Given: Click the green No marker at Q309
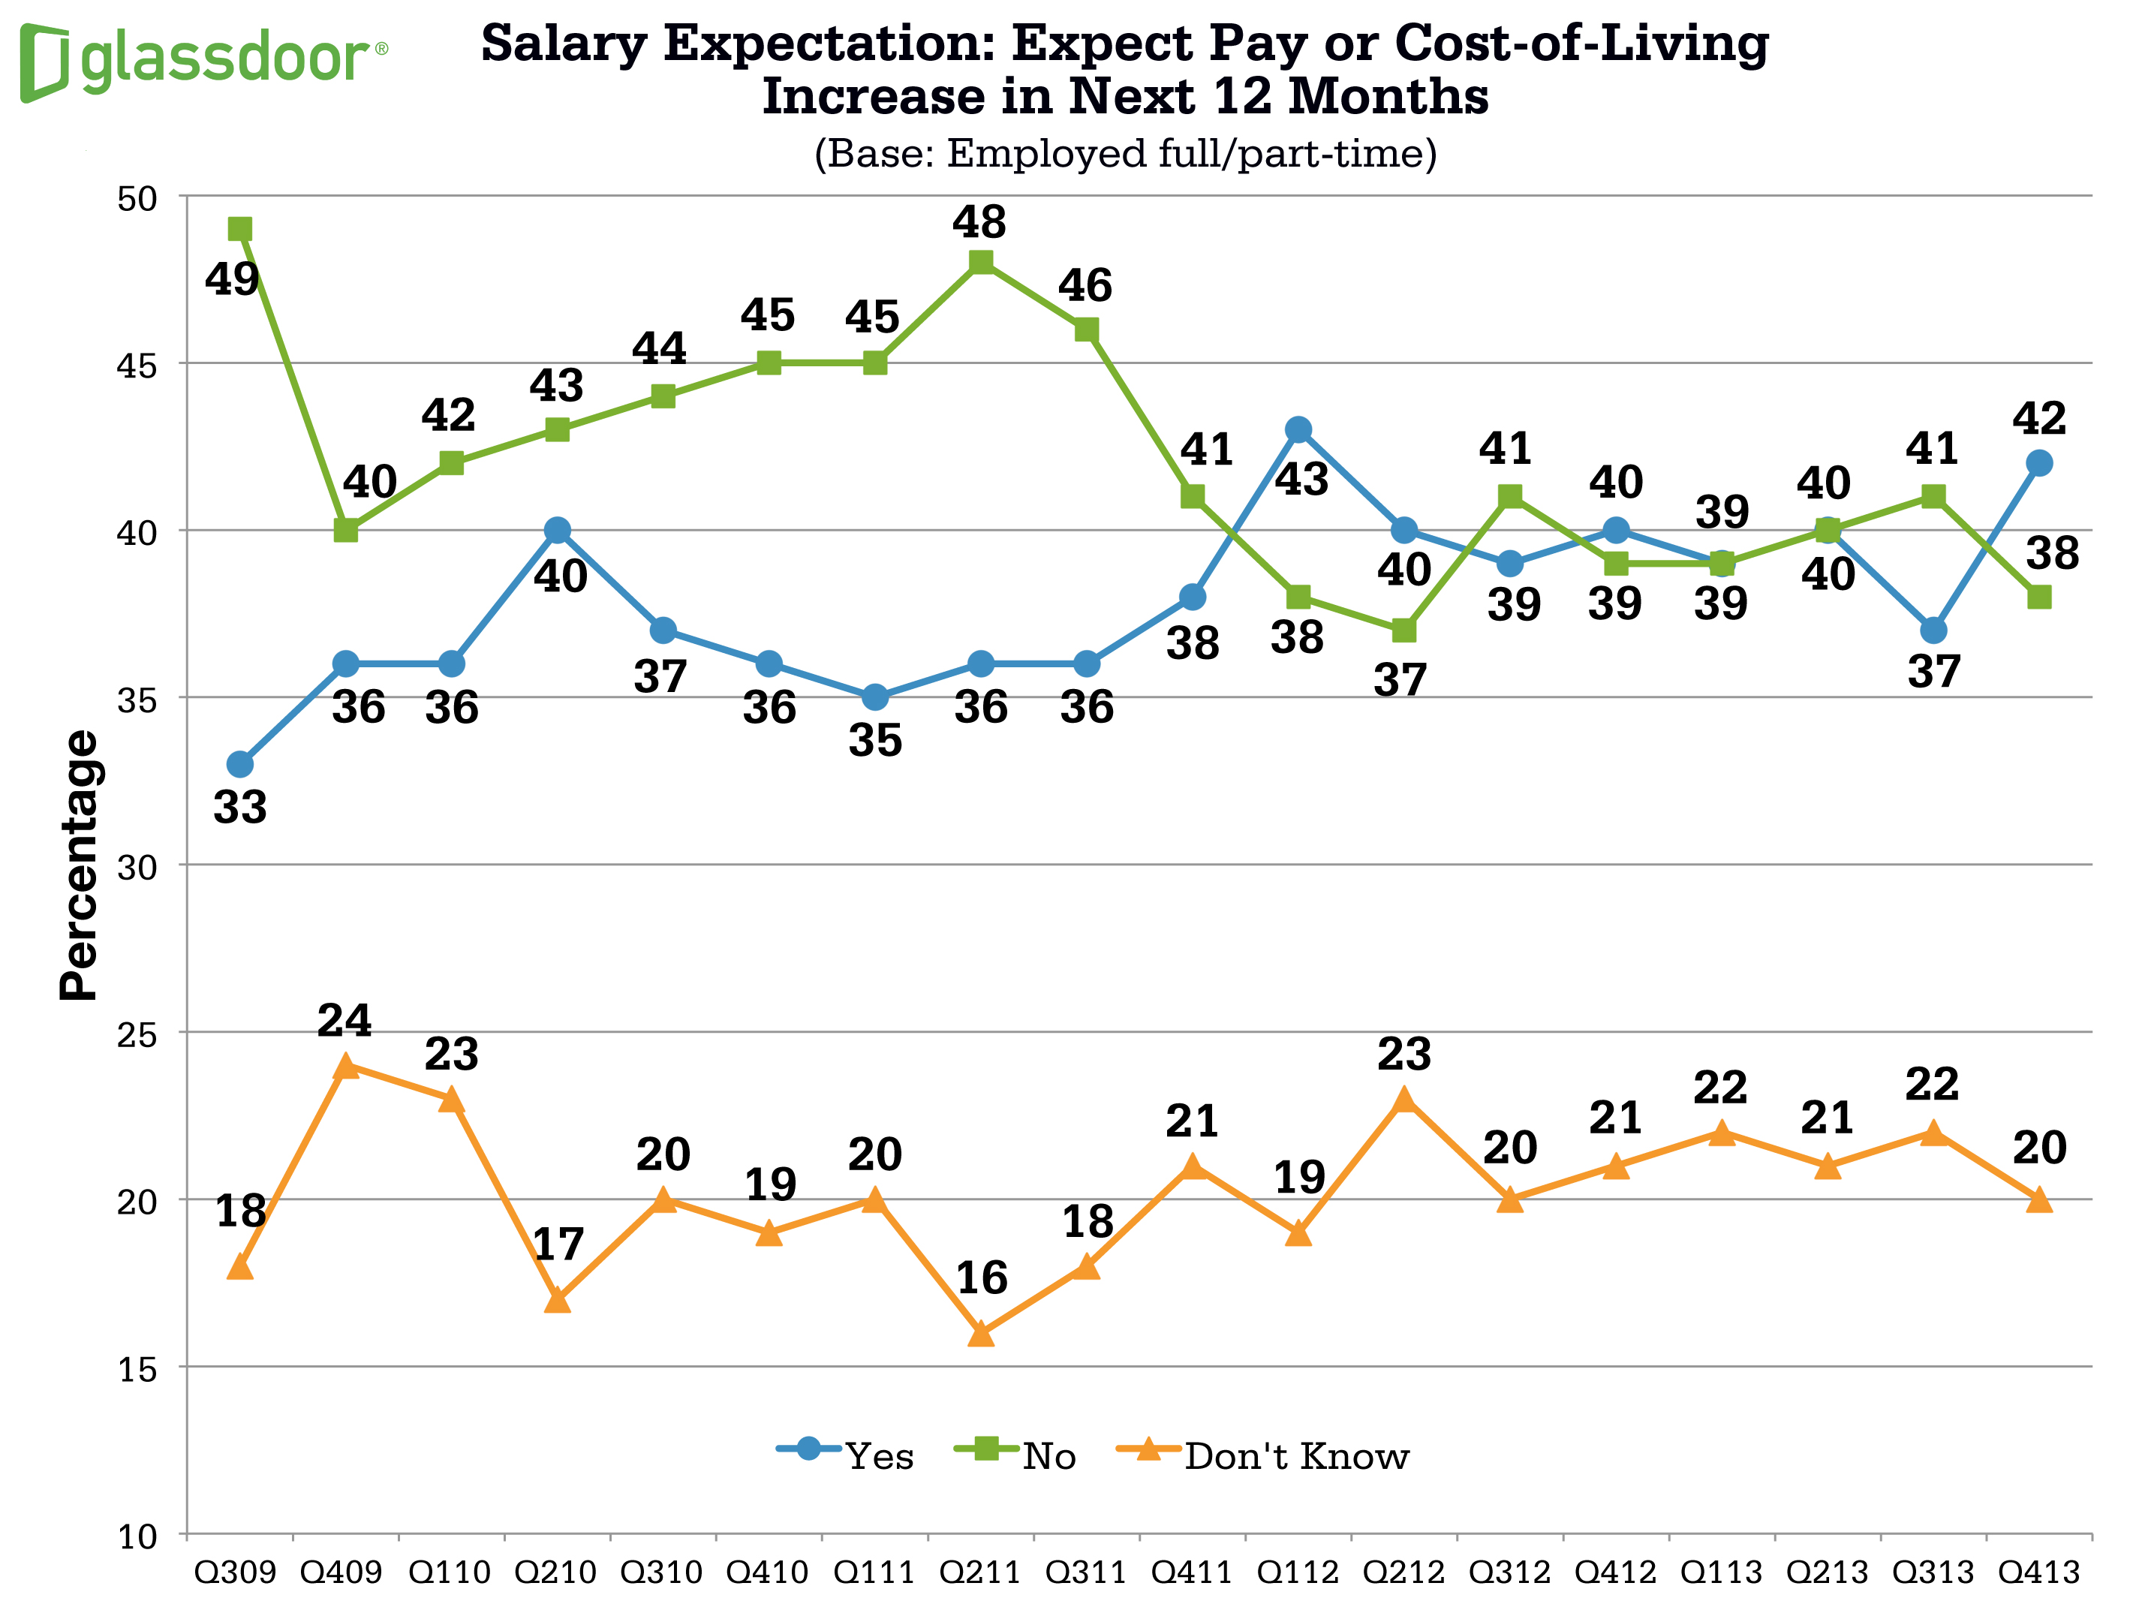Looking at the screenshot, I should coord(239,229).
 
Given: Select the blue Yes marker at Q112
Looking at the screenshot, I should coord(1298,429).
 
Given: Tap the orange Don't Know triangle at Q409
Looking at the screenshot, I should coord(346,1067).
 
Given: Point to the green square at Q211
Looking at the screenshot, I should coord(980,262).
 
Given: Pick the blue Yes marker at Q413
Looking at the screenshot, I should coord(2038,463).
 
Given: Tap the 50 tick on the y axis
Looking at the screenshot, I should coord(137,198).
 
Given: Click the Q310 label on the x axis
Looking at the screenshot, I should coord(661,1572).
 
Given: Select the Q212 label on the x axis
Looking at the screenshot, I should coord(1403,1572).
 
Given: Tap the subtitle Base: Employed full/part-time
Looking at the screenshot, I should coord(1125,154).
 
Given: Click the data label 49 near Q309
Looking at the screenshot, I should coord(232,279).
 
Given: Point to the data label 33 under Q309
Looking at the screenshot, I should coord(239,807).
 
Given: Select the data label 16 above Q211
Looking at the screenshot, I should coord(981,1277).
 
